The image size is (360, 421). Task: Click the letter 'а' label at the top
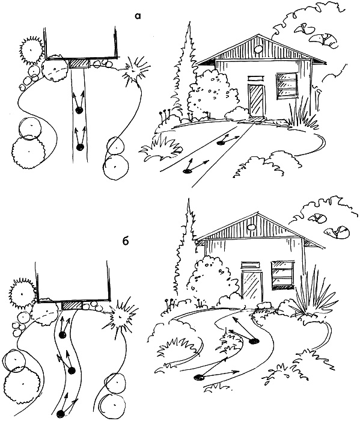tap(138, 17)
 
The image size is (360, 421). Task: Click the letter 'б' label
tap(126, 241)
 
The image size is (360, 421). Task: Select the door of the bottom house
tap(252, 287)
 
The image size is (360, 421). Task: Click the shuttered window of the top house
tap(286, 85)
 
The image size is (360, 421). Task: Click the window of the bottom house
tap(282, 274)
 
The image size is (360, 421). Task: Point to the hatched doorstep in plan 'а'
tap(79, 64)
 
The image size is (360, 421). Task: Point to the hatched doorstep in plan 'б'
tap(72, 306)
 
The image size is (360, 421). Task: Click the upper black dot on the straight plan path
tap(79, 110)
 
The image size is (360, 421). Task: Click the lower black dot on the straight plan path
tap(80, 147)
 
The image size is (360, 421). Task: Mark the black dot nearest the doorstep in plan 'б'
tap(63, 335)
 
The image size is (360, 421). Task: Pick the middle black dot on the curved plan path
tap(72, 371)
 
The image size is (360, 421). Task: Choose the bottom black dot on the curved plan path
tap(61, 413)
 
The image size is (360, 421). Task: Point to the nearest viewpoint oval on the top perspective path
tap(188, 170)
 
